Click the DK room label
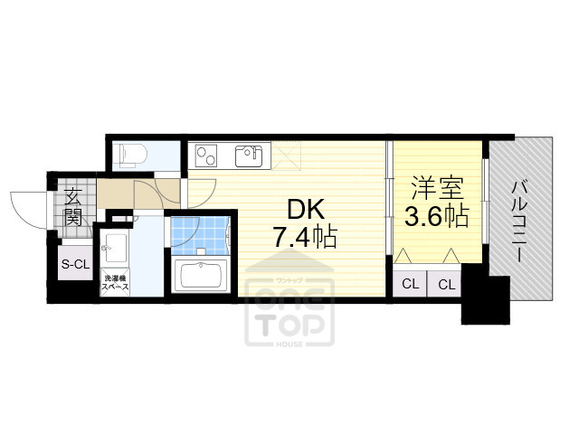306,209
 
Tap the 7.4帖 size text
306,238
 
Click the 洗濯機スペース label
116,283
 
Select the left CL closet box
410,284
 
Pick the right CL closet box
446,284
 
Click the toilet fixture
127,154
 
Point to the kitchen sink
249,156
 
